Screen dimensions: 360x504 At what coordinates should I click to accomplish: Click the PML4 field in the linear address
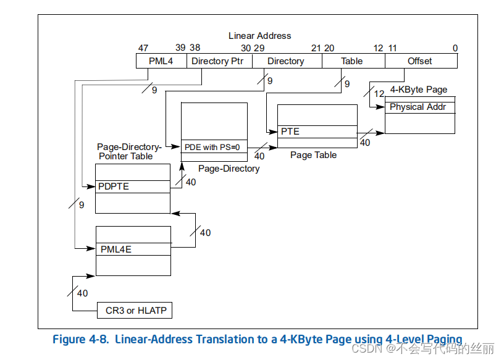[161, 61]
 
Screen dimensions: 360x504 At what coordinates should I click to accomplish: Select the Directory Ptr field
[219, 61]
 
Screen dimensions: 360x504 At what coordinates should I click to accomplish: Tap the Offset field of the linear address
[420, 61]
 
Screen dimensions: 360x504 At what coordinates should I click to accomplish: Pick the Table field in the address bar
[352, 61]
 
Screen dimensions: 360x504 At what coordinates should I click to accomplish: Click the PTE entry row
[317, 132]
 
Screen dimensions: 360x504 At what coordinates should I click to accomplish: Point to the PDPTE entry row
[132, 186]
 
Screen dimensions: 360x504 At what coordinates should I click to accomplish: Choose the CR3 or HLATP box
[134, 310]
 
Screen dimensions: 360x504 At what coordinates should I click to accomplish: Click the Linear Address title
[259, 36]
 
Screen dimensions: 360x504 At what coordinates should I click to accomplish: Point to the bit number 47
[143, 48]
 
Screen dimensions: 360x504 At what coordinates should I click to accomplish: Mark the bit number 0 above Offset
[455, 48]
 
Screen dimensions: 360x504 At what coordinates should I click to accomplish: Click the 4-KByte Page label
[418, 90]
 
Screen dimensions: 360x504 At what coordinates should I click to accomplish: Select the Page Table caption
[313, 155]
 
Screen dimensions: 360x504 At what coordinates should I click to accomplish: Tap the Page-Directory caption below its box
[229, 169]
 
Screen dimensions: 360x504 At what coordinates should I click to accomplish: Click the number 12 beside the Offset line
[379, 93]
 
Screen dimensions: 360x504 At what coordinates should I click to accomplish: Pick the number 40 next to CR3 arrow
[82, 293]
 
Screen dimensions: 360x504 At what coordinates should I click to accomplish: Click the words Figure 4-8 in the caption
[80, 339]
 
